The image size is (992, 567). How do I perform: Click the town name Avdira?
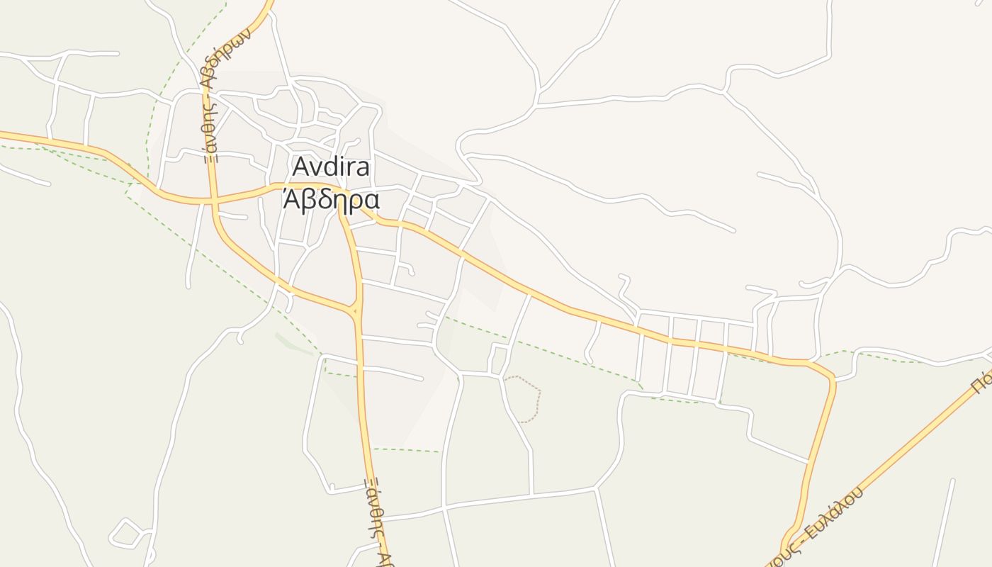click(x=331, y=167)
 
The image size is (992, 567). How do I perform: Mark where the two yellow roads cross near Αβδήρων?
click(x=213, y=201)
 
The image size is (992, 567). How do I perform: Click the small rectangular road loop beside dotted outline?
click(x=499, y=359)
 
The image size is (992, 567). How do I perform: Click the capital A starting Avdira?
click(x=300, y=167)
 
